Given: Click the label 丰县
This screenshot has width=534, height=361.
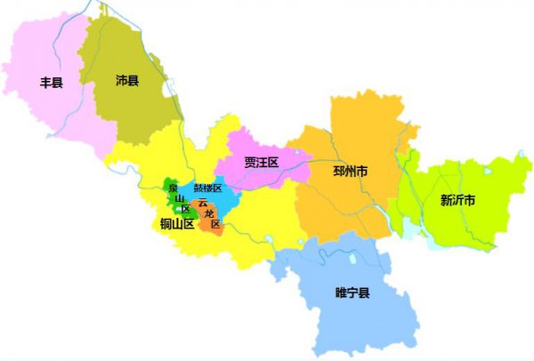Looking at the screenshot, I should coord(52,83).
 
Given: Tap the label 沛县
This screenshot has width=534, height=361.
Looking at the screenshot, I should coord(127,81).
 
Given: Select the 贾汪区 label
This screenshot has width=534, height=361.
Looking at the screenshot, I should coord(262,162).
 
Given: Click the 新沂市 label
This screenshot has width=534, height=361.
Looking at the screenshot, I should coord(457,200).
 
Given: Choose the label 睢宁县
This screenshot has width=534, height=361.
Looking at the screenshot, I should coord(352,292).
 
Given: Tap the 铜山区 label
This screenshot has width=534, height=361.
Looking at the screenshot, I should coord(177,224).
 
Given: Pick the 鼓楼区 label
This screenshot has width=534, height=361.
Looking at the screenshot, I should coord(207,189).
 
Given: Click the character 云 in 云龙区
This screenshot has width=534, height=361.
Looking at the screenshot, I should coord(203,203).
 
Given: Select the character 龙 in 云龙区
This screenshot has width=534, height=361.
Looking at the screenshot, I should coord(208,213).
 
